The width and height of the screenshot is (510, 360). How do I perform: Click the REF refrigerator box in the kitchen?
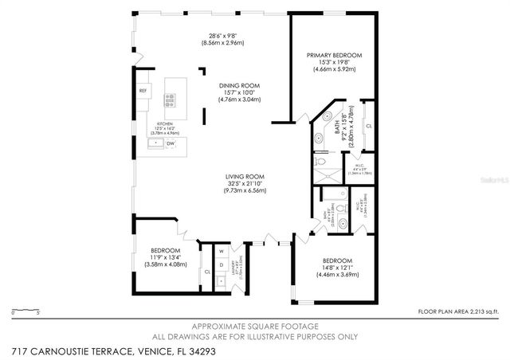click(143, 91)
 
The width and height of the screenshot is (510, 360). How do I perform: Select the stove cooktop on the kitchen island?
click(170, 100)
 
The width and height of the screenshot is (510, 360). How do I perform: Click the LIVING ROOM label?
click(245, 176)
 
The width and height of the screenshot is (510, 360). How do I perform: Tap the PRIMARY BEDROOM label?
click(335, 55)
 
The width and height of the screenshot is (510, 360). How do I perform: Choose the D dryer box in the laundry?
click(221, 265)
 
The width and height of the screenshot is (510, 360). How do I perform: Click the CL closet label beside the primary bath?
click(368, 126)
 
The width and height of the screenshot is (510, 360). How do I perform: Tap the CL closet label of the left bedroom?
click(206, 272)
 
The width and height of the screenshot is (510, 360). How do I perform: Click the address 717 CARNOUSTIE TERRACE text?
click(76, 350)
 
